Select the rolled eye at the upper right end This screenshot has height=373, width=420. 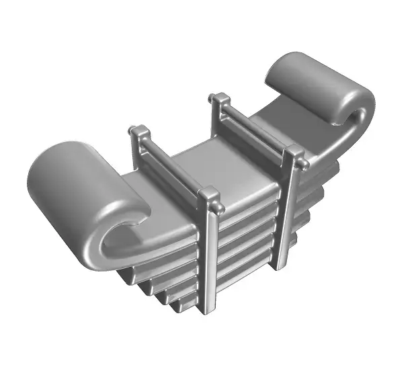tap(316, 84)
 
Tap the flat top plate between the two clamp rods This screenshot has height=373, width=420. tap(222, 171)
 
